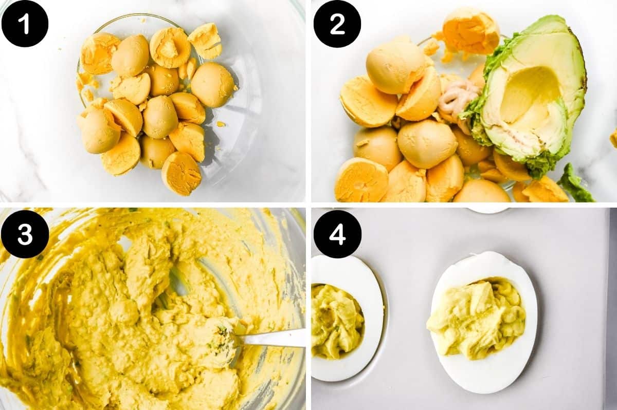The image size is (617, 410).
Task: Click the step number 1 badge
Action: tap(25, 24)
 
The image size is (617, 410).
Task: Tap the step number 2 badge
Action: tap(337, 24)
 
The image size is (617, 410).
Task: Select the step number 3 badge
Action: tap(25, 234)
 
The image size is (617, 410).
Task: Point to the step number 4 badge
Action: tap(337, 234)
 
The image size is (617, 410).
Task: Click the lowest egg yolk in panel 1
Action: tap(181, 173)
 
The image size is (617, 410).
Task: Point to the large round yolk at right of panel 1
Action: tap(212, 85)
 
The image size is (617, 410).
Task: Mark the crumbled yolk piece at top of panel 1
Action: tap(206, 40)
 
